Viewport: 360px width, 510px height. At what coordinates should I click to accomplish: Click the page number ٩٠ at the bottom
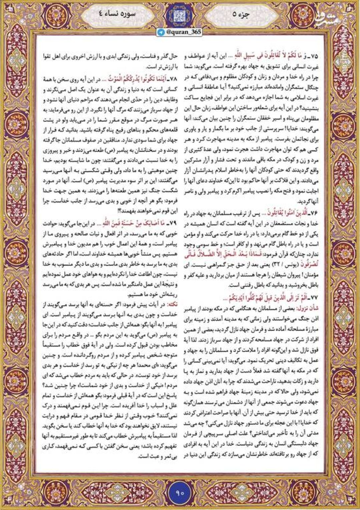pyautogui.click(x=180, y=492)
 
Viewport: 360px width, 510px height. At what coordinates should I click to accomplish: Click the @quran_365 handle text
pyautogui.click(x=183, y=32)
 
